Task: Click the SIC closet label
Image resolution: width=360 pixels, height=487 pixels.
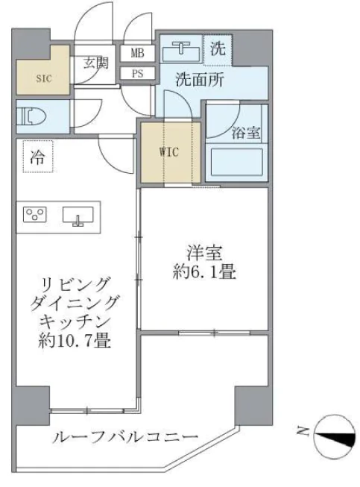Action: [x=44, y=78]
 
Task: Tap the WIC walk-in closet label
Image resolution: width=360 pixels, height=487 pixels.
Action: [x=169, y=152]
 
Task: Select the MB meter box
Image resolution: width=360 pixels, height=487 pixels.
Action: [x=137, y=53]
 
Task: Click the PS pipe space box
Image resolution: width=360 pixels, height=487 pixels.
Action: [x=137, y=74]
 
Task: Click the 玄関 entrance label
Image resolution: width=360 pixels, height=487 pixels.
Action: [x=96, y=63]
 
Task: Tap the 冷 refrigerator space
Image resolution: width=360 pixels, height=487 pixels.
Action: [x=38, y=157]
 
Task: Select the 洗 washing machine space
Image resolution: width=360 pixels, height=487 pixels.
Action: [x=218, y=50]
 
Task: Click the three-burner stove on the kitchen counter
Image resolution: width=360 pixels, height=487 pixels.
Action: [x=35, y=214]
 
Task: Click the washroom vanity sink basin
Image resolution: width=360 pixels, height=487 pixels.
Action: [x=181, y=53]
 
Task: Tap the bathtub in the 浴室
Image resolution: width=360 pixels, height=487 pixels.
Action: [x=237, y=162]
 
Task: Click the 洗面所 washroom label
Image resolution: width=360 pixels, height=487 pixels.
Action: [x=200, y=80]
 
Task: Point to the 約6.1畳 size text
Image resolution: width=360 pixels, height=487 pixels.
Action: [x=204, y=272]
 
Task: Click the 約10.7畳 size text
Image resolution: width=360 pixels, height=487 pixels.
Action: [x=75, y=340]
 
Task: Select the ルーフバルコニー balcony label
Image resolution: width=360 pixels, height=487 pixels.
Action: [x=125, y=437]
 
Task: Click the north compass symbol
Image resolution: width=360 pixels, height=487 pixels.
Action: [x=335, y=436]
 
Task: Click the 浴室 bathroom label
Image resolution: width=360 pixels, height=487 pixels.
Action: [x=246, y=133]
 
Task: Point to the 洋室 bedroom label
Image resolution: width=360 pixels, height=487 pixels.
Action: [x=204, y=252]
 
